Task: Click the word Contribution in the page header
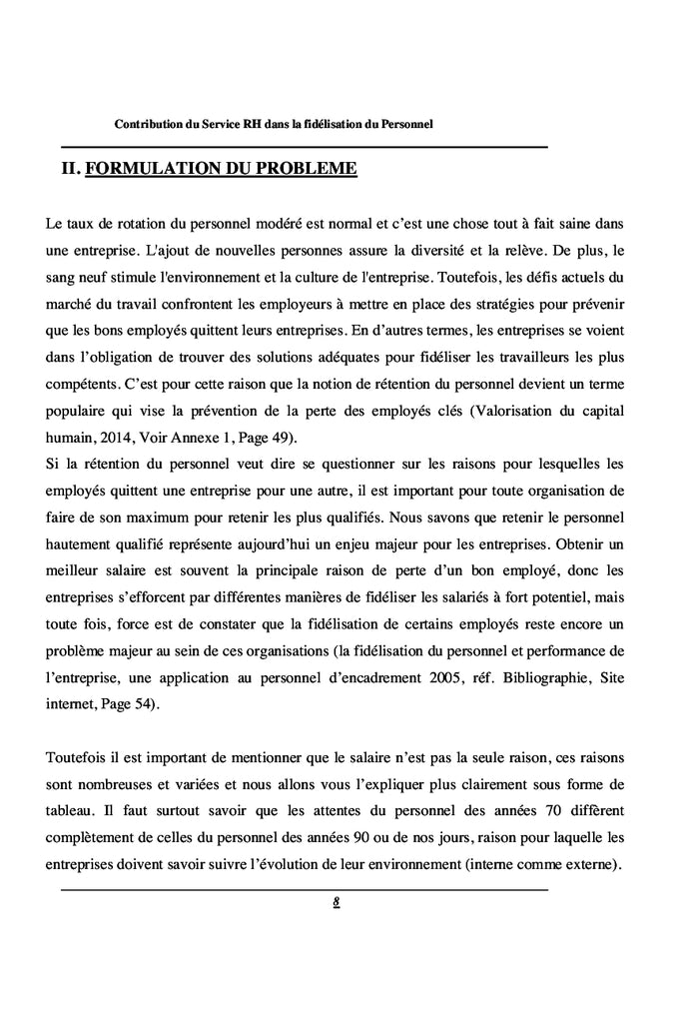coord(149,125)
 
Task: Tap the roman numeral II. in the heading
coord(71,169)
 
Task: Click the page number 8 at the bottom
coord(338,901)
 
